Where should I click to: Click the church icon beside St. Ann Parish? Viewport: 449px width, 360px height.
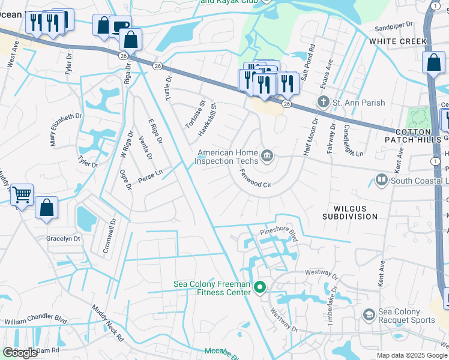[324, 103]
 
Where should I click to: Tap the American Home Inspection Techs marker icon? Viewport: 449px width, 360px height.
[268, 157]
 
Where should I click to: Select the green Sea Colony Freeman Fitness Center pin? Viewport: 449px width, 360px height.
[260, 289]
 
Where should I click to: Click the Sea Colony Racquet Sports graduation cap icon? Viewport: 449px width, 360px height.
[369, 314]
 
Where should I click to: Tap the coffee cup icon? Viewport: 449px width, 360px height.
[120, 26]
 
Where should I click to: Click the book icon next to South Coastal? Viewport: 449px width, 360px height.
[381, 180]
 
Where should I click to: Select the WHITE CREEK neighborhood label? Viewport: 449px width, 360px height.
[398, 41]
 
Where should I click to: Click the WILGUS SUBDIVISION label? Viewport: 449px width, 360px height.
[349, 211]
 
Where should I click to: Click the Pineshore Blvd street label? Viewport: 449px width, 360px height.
[279, 231]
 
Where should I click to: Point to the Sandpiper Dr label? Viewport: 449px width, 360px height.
[394, 26]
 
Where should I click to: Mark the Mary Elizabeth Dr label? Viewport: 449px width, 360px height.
[65, 129]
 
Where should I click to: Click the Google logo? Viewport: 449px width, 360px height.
[20, 353]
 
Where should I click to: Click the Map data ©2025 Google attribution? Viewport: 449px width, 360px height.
[412, 355]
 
